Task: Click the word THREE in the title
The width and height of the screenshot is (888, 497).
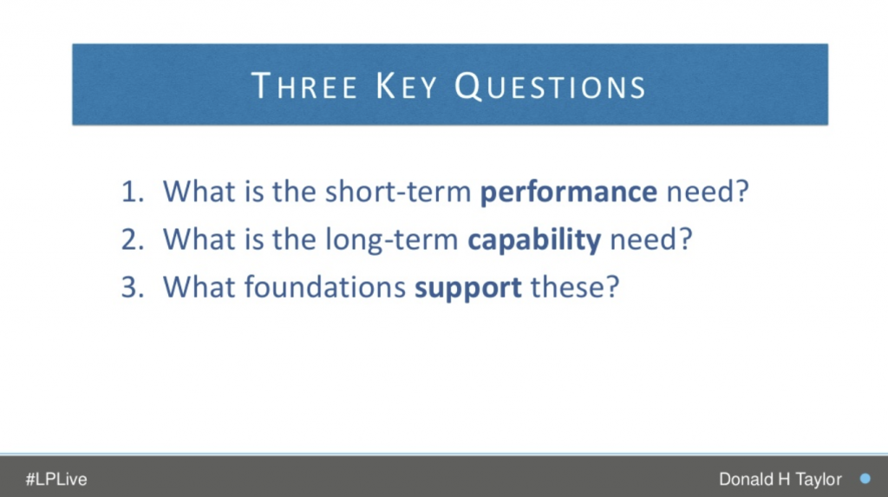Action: [x=304, y=86]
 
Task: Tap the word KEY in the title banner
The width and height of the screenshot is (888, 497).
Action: [x=407, y=86]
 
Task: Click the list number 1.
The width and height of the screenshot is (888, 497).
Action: [x=133, y=192]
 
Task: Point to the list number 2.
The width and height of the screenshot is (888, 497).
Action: [x=133, y=239]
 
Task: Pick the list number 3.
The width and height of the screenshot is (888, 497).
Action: [x=133, y=287]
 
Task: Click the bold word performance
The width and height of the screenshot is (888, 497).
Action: [x=569, y=193]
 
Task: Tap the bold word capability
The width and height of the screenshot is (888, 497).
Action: [x=534, y=239]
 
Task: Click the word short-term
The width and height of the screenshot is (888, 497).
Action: [x=398, y=192]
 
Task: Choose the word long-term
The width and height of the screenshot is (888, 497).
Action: [x=392, y=240]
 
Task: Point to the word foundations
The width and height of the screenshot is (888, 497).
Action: [x=325, y=287]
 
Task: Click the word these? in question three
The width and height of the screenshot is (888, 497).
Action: [x=575, y=287]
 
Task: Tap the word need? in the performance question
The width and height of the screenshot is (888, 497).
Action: [x=708, y=192]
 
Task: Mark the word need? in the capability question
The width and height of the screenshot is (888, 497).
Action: [x=651, y=239]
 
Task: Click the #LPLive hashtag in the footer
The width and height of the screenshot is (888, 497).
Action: [x=56, y=480]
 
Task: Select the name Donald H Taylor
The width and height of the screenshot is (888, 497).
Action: [x=780, y=480]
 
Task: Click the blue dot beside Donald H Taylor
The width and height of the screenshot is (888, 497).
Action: [x=865, y=479]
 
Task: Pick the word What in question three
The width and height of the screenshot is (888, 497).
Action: [x=199, y=287]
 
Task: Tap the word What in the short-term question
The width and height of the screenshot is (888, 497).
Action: [x=199, y=192]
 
